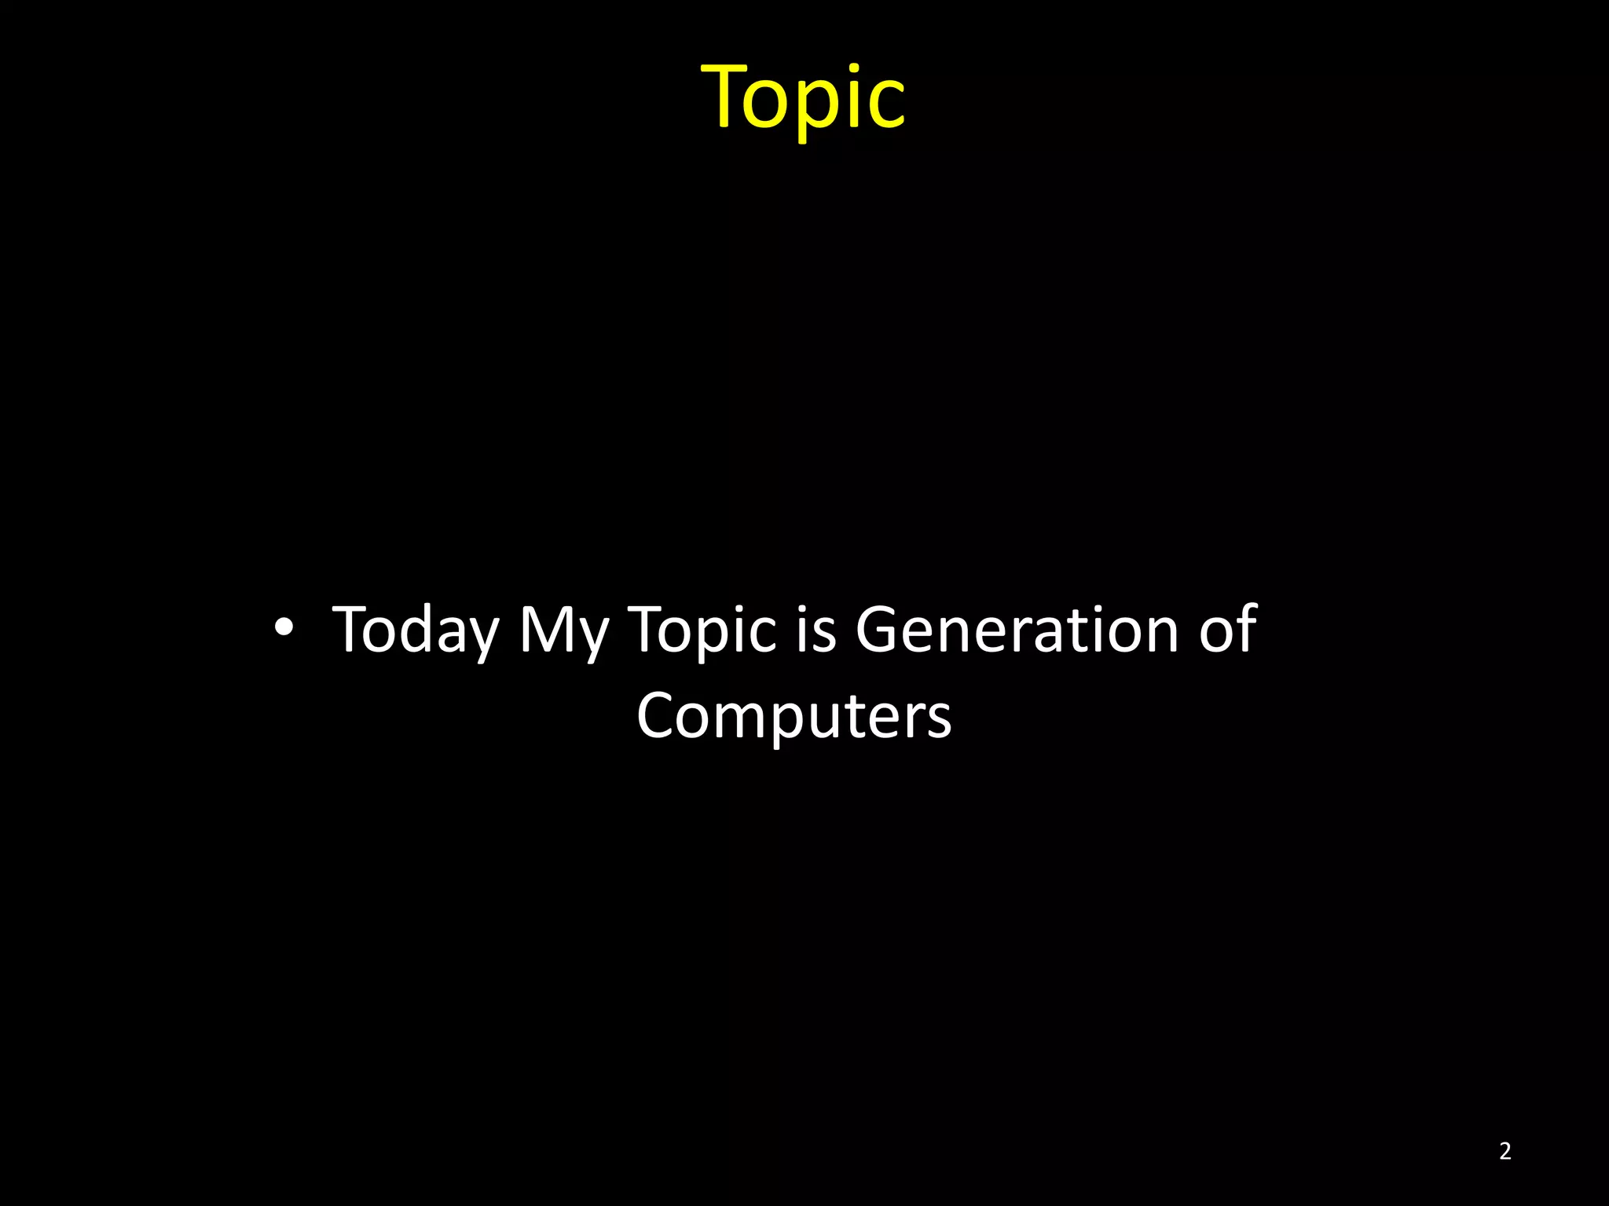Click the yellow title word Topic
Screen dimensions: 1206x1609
(x=803, y=97)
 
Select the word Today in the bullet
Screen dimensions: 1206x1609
(x=416, y=630)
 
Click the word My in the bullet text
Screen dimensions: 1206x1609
(x=563, y=630)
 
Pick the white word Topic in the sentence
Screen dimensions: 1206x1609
(x=703, y=630)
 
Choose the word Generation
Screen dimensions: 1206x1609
(x=1017, y=630)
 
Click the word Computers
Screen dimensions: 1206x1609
(x=794, y=715)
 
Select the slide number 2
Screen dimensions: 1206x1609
(x=1505, y=1151)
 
